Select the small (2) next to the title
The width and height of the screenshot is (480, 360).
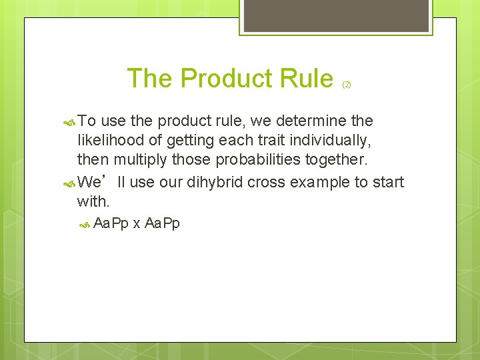347,85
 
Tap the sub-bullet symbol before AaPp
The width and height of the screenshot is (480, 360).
84,224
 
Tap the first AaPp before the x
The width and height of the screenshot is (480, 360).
111,223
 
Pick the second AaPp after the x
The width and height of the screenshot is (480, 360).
162,223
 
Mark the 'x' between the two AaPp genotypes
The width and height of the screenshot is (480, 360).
136,224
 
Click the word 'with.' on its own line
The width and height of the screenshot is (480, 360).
93,201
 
